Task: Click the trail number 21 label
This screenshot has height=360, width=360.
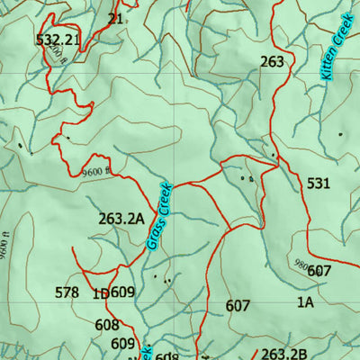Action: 115,18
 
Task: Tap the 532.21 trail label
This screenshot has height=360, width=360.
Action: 58,40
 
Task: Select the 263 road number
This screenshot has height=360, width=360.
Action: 272,62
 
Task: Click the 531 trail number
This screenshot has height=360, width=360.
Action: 319,184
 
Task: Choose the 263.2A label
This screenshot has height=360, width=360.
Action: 121,219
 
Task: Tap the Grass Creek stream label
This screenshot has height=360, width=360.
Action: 158,216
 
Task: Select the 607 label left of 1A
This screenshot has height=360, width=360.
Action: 238,306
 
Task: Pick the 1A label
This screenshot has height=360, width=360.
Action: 305,303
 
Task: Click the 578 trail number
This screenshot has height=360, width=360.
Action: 67,292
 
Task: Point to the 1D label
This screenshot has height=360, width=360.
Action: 100,292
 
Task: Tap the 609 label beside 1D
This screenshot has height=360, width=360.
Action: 122,292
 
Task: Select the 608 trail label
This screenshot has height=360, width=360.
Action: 106,325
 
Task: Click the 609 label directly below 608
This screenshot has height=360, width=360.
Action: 122,344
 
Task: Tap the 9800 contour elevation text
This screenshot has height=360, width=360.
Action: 300,264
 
